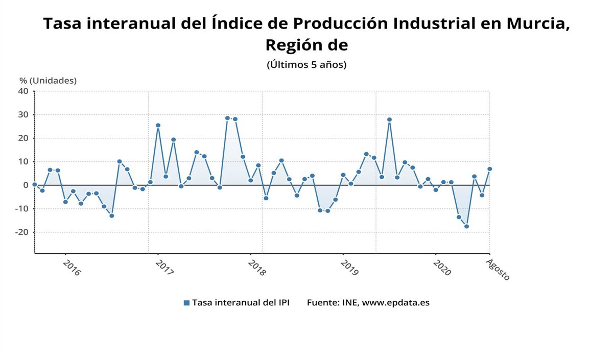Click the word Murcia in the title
(x=535, y=23)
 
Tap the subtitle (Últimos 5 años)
(x=306, y=65)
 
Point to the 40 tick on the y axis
(x=23, y=91)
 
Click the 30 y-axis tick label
(x=23, y=114)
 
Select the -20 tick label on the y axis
(x=21, y=232)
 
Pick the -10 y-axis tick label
(x=21, y=208)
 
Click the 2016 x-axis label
(x=72, y=268)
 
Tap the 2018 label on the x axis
(x=256, y=268)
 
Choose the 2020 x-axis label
(x=441, y=268)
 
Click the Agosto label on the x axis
(x=498, y=269)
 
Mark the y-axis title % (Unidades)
(x=48, y=80)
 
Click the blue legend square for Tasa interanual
(x=186, y=303)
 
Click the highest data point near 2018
(x=227, y=118)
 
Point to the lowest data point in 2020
(x=466, y=226)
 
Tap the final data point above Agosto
(x=489, y=169)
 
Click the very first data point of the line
(x=35, y=184)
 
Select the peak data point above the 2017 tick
(x=158, y=125)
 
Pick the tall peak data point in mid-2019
(x=389, y=119)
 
